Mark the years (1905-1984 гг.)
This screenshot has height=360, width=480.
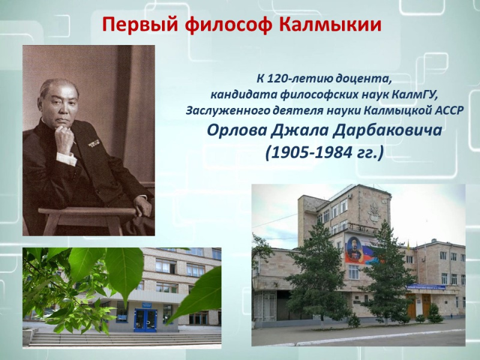click(x=324, y=152)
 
